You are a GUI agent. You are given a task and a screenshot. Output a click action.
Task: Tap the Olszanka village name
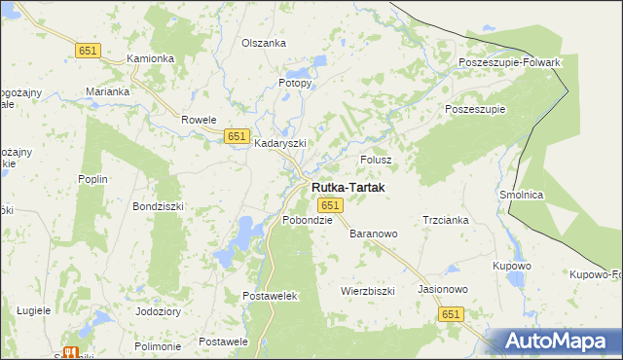[x=264, y=43]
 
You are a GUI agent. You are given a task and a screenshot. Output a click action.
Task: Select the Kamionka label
[x=151, y=58]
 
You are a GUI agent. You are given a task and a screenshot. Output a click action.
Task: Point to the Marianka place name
[x=107, y=91]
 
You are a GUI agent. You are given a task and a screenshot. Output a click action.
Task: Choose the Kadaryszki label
[x=280, y=143]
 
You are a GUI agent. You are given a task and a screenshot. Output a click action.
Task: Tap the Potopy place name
[x=295, y=83]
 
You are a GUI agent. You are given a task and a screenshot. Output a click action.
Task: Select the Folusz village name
[x=376, y=159]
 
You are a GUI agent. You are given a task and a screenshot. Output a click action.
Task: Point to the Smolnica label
[x=521, y=195]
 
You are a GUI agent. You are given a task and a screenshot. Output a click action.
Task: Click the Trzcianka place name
[x=446, y=220]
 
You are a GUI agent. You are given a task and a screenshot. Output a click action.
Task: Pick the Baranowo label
[x=374, y=234]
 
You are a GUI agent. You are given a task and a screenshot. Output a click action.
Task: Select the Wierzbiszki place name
[x=367, y=291]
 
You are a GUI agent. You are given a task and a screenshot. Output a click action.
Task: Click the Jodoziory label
[x=159, y=311]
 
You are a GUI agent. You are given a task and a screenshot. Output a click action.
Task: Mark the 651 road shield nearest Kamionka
[x=88, y=50]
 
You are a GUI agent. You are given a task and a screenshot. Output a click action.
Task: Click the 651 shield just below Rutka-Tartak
[x=330, y=205]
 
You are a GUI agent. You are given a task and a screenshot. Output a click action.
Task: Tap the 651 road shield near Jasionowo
[x=450, y=314]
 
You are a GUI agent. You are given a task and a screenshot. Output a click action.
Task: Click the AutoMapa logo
[x=554, y=341]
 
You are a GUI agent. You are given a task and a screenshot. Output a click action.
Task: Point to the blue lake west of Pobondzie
[x=240, y=236]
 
